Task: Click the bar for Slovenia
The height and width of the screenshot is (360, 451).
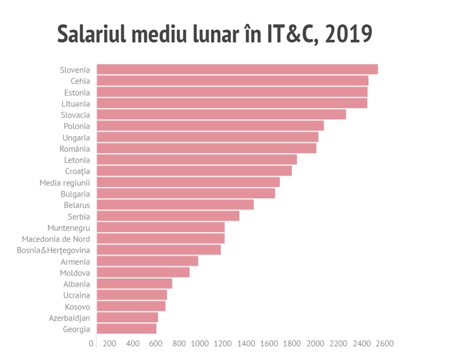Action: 237,69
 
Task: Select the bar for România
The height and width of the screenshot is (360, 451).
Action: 206,148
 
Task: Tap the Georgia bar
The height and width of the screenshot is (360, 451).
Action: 126,329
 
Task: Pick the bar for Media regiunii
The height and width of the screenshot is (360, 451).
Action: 188,182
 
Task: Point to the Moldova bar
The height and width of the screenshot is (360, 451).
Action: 143,273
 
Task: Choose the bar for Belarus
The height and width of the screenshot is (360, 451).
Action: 175,205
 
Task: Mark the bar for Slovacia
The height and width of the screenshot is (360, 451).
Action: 221,115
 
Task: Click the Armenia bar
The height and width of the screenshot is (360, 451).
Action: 147,261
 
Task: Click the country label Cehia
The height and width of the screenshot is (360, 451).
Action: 80,81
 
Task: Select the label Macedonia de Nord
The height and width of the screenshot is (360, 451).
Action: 56,239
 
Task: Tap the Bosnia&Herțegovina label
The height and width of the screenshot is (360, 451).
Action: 53,250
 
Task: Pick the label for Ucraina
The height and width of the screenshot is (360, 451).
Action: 76,295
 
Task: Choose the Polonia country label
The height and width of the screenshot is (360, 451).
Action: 77,126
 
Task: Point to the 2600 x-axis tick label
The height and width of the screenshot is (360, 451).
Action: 385,344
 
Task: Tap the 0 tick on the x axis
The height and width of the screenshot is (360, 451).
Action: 91,344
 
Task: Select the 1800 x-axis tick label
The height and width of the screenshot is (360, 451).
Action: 293,344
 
